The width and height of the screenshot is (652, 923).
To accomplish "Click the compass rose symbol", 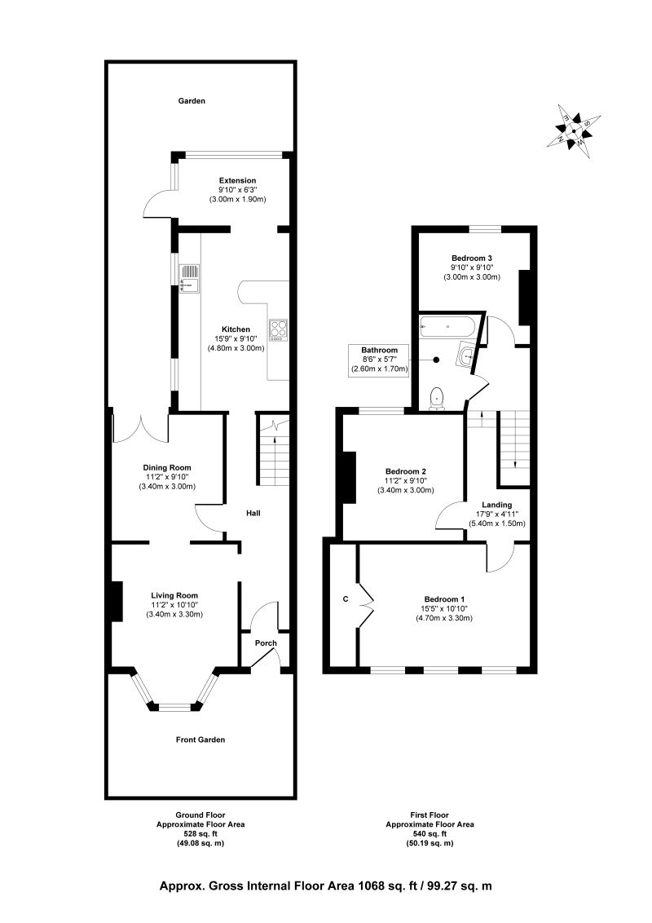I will [575, 129].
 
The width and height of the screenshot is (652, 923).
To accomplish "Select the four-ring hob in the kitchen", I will [279, 329].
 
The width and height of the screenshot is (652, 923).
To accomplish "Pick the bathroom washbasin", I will [466, 355].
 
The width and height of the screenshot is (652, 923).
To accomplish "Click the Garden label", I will [192, 101].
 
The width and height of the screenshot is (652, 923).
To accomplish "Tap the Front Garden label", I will [200, 740].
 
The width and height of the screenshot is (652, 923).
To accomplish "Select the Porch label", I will [266, 643].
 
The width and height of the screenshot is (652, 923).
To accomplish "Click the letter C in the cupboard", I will [345, 599].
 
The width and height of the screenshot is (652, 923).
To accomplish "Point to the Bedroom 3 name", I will [472, 258].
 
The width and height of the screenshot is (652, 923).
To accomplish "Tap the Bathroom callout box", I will [379, 360].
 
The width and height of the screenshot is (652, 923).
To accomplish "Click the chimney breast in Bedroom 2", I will [348, 477].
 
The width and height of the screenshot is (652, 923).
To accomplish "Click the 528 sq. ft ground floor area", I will [200, 833].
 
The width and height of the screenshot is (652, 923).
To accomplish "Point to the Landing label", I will [496, 505].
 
